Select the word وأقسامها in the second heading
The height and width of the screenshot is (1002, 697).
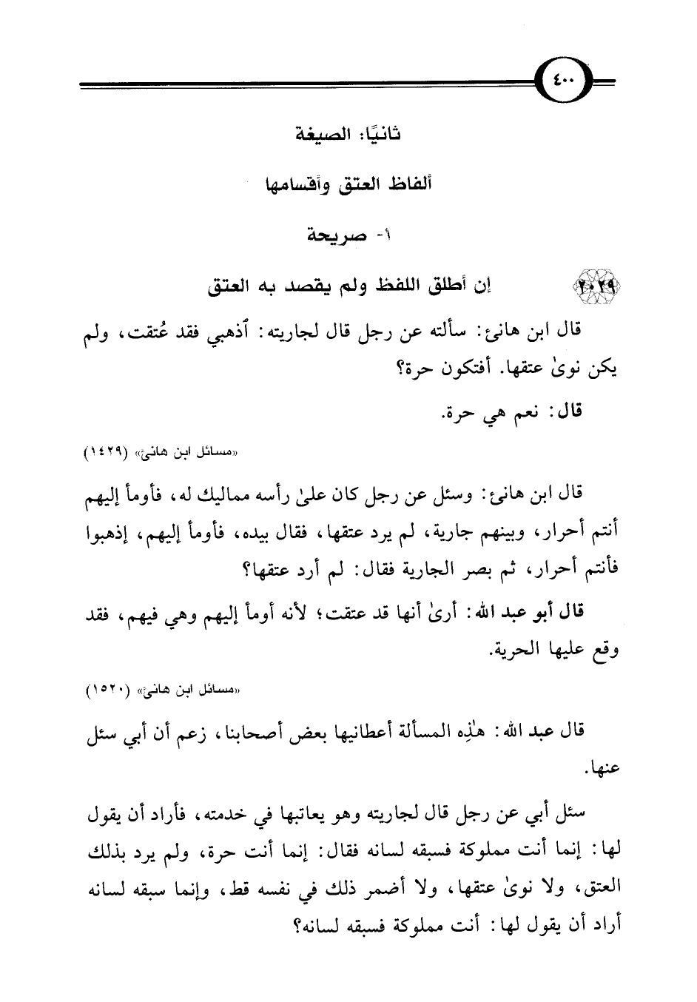288,184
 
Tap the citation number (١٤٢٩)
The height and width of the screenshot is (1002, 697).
115,450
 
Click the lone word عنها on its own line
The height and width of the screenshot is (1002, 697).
600,770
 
